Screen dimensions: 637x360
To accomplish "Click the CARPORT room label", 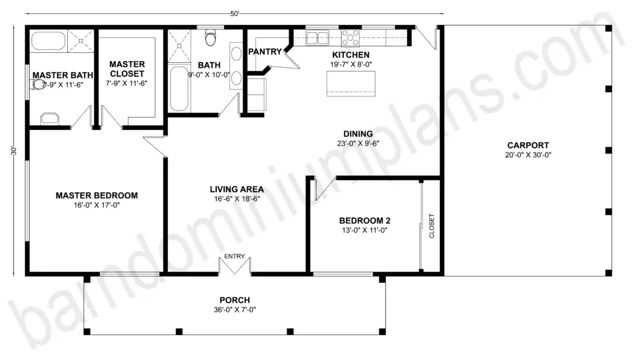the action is tap(528, 145).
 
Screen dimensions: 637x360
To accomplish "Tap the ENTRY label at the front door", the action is tap(235, 256).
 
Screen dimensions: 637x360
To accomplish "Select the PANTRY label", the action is tap(265, 52).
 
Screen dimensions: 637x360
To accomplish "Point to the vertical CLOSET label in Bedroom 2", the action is tap(432, 226).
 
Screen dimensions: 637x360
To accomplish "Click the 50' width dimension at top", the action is tap(235, 14).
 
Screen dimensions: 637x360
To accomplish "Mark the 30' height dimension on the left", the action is tap(14, 150).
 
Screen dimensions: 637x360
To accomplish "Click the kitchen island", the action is tap(351, 83).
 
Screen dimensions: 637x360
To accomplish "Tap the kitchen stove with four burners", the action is tap(350, 38).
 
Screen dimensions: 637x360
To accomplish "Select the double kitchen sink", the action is tap(317, 38).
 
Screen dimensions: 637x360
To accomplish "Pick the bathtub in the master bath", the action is tap(49, 41).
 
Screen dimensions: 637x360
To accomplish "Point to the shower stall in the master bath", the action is tap(80, 41).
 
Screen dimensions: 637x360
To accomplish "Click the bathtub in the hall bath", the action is tap(179, 88).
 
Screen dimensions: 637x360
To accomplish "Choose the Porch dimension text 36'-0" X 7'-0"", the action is tap(235, 310).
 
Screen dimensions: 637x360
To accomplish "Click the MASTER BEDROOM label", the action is tap(96, 195).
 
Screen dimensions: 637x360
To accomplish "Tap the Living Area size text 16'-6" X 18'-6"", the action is tap(237, 199).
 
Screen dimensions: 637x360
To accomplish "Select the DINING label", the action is tap(358, 134).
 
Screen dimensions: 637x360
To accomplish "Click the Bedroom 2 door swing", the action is tap(325, 188).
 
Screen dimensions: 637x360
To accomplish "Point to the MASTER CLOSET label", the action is tap(127, 69).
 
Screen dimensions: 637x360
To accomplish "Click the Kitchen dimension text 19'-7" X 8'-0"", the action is tap(351, 64).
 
